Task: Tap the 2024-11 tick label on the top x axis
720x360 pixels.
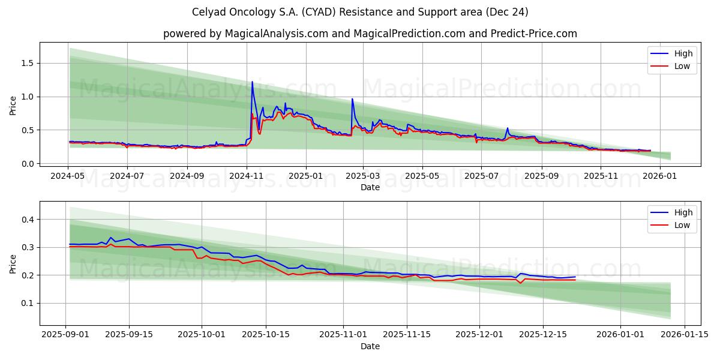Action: click(246, 176)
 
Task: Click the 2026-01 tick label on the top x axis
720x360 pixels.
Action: click(660, 176)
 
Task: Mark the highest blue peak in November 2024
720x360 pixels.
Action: click(252, 82)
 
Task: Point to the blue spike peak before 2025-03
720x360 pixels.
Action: click(352, 99)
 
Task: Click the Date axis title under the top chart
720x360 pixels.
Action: click(370, 187)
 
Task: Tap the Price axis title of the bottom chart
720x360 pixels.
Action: click(13, 263)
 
